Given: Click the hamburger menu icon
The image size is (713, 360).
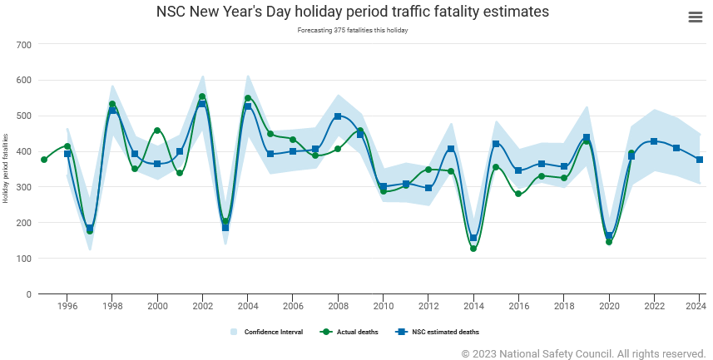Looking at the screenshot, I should click(x=696, y=17).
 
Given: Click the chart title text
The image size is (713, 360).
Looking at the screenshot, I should click(x=353, y=12).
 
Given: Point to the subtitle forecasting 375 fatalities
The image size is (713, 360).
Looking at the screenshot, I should click(x=353, y=30).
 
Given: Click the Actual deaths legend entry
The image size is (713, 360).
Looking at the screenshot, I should click(x=349, y=332).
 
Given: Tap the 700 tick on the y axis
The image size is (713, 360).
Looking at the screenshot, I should click(x=23, y=44).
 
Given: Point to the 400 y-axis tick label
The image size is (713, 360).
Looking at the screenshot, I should click(x=23, y=151).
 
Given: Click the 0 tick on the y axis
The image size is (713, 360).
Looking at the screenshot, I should click(x=28, y=294).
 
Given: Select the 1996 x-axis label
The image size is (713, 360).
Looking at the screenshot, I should click(x=67, y=306).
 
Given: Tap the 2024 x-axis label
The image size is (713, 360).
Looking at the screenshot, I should click(x=696, y=306).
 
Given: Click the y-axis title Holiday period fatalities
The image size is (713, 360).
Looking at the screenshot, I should click(x=6, y=169).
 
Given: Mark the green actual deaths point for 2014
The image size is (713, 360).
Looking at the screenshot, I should click(x=473, y=249).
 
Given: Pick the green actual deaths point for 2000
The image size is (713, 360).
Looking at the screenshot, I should click(x=157, y=131).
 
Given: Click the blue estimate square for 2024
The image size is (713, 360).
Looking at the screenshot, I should click(x=700, y=160).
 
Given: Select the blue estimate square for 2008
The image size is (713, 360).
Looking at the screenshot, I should click(x=338, y=116).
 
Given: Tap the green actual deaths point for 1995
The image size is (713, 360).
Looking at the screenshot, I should click(x=44, y=160).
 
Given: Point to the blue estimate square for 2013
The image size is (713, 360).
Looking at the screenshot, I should click(x=451, y=149).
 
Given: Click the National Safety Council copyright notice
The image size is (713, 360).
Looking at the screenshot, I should click(x=583, y=353).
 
